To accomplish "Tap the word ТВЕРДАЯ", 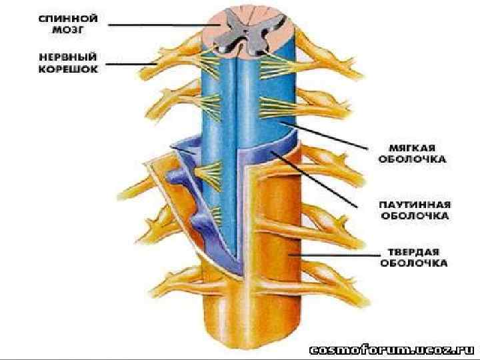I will [413, 251].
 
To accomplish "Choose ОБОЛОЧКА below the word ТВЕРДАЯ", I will [413, 263].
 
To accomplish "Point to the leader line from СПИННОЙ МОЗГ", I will [160, 25].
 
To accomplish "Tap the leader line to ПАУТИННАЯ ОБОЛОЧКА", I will [320, 180].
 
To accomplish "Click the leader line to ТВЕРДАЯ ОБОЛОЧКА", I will [333, 254].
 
